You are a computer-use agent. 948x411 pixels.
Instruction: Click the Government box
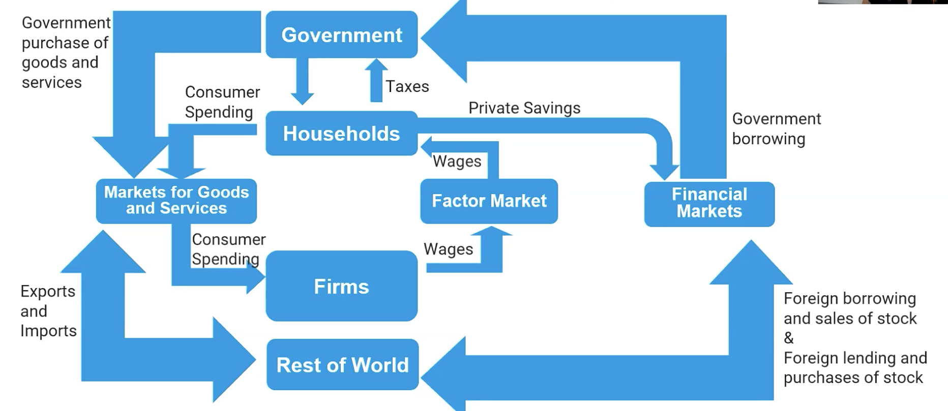tap(342, 35)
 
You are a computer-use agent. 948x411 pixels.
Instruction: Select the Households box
tap(342, 134)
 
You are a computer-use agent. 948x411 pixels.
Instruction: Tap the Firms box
tap(342, 286)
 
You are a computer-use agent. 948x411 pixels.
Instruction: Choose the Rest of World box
tap(342, 365)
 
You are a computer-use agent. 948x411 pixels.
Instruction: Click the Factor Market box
tap(489, 201)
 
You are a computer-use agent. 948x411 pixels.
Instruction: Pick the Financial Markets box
tap(709, 203)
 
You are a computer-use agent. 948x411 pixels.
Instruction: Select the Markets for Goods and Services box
tap(176, 201)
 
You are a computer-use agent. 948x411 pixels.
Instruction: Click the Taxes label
tap(407, 86)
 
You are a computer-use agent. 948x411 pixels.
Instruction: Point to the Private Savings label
tap(524, 108)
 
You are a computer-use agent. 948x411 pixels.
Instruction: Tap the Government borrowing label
tap(776, 129)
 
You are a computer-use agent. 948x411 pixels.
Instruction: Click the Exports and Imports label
tap(48, 311)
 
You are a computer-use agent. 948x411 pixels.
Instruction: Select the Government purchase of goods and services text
tap(65, 52)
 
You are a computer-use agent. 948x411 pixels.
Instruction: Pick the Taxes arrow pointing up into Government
tap(376, 80)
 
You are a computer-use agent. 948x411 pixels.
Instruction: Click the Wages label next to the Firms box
tap(448, 249)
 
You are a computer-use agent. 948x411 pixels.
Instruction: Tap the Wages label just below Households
tap(457, 161)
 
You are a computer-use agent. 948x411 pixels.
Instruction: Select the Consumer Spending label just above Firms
tap(228, 249)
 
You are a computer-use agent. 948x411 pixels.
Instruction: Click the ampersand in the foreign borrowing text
tap(789, 338)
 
